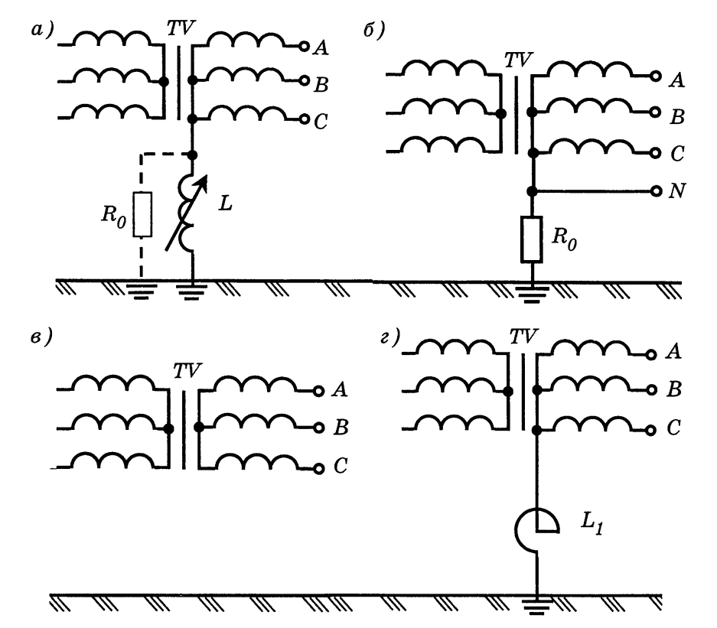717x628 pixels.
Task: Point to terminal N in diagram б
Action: coord(655,190)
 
